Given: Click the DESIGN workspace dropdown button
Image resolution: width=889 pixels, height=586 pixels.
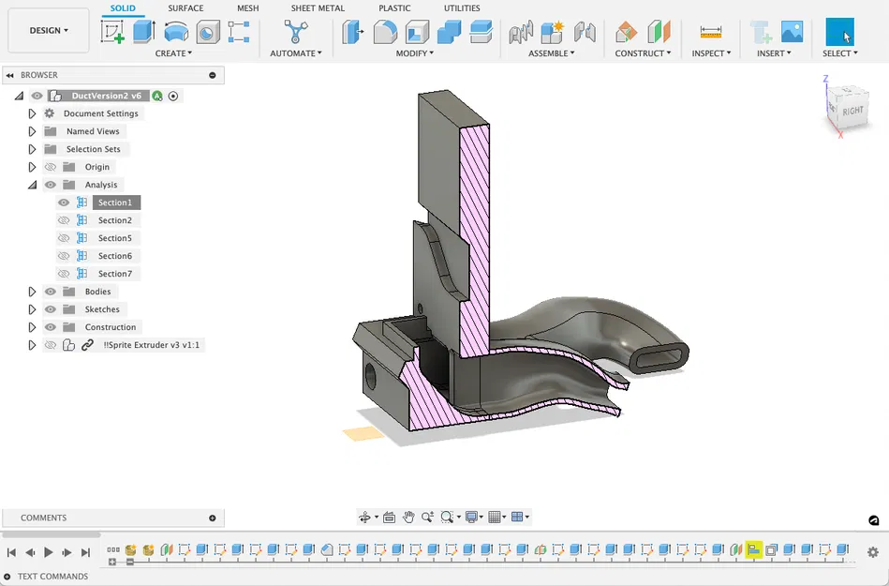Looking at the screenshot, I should (50, 30).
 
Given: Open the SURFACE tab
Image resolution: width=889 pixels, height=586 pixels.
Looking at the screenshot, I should (185, 8).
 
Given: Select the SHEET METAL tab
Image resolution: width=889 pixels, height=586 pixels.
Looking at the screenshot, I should (318, 8).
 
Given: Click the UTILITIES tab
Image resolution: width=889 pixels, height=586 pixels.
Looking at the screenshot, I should (462, 8).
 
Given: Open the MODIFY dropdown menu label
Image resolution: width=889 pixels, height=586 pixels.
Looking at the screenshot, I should (414, 53).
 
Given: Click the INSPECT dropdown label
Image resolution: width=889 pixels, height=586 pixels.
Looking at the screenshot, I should (711, 53).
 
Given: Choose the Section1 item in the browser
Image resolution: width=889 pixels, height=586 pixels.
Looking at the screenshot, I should (115, 203).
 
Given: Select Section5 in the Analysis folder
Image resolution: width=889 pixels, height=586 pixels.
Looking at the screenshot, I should (115, 238).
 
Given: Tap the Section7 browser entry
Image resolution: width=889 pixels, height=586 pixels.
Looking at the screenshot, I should (115, 274).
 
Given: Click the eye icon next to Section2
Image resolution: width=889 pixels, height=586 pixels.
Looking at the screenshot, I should (64, 220).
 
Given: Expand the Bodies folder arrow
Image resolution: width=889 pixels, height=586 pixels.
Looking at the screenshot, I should (32, 292).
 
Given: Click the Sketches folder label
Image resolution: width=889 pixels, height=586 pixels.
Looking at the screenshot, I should (102, 309).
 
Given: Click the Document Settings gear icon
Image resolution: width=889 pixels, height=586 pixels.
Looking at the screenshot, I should (51, 113).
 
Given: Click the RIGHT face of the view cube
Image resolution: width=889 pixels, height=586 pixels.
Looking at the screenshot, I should (852, 111).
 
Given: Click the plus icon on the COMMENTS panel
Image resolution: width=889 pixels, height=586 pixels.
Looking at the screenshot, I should (213, 518).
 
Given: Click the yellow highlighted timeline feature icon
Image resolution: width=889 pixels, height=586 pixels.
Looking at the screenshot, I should (753, 549).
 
